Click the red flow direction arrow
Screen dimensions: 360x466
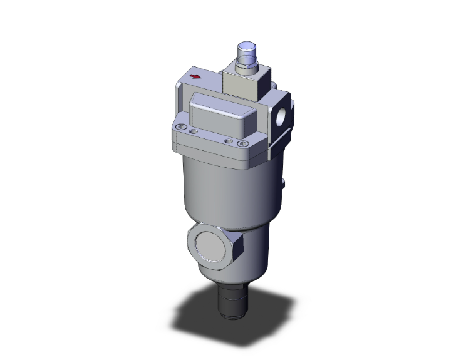(x=195, y=77)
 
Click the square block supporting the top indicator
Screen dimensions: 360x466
(x=242, y=81)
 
